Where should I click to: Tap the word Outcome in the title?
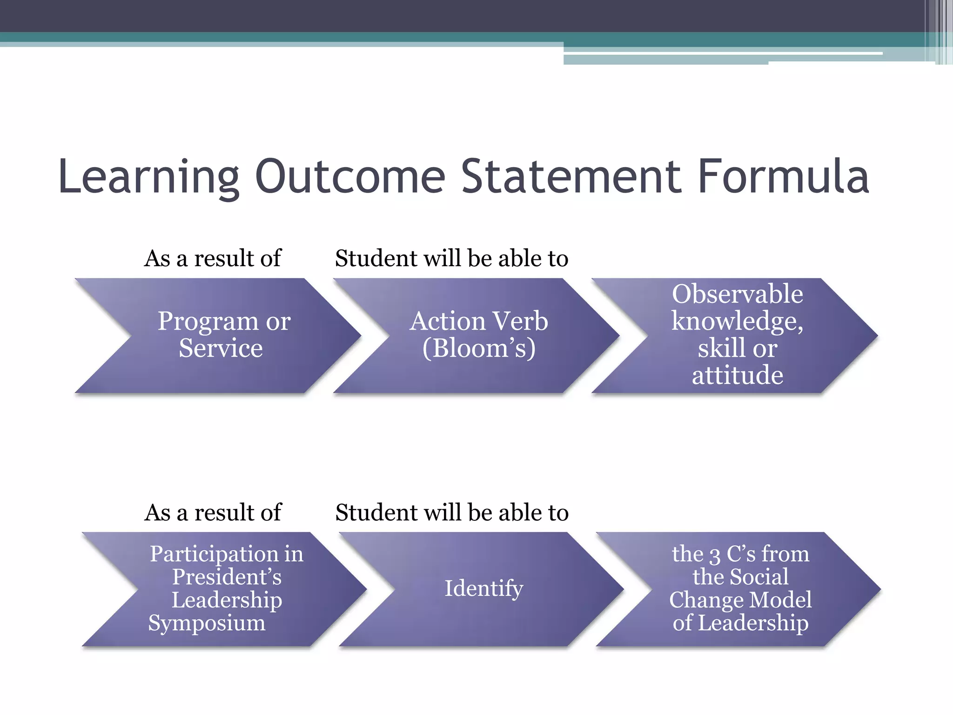pyautogui.click(x=350, y=177)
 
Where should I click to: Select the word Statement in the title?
pyautogui.click(x=571, y=177)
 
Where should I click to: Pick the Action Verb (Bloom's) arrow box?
pyautogui.click(x=479, y=335)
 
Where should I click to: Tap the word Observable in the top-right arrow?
pyautogui.click(x=737, y=294)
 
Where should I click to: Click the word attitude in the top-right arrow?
pyautogui.click(x=737, y=375)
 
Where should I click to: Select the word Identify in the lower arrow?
pyautogui.click(x=483, y=588)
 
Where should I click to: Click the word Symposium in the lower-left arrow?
pyautogui.click(x=207, y=623)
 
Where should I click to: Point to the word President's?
pyautogui.click(x=227, y=577)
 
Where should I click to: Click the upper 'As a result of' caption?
pyautogui.click(x=213, y=258)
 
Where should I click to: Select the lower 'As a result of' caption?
pyautogui.click(x=213, y=513)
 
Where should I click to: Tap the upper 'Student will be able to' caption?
pyautogui.click(x=451, y=258)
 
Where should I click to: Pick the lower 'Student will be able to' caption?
pyautogui.click(x=451, y=513)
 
